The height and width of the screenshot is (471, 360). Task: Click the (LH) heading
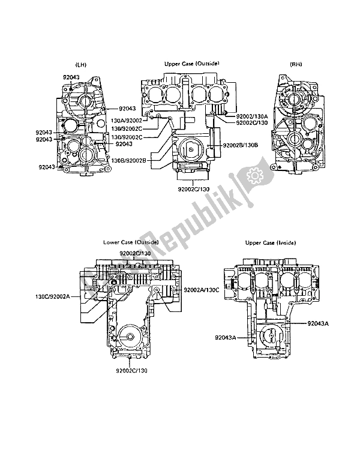click(82, 64)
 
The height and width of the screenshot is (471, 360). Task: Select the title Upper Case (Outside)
click(191, 64)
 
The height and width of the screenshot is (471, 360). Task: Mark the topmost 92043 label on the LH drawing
click(71, 77)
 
